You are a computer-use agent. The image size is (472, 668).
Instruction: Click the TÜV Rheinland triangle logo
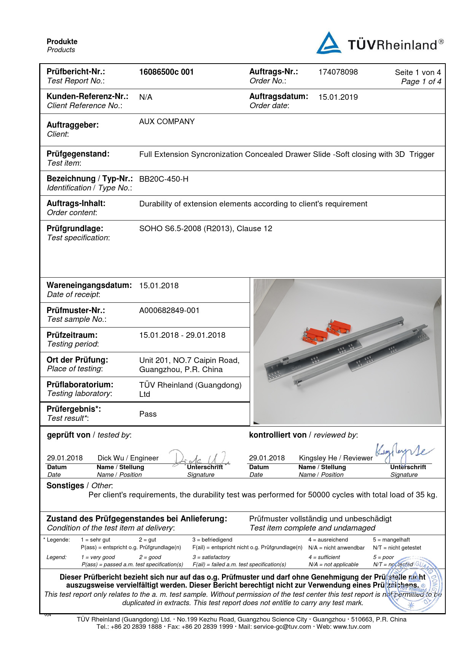328,43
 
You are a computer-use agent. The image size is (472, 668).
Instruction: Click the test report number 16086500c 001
166,72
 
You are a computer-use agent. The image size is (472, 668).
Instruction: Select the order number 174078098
338,72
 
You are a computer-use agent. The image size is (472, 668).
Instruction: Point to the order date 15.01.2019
338,97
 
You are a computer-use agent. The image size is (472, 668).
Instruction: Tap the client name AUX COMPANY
167,121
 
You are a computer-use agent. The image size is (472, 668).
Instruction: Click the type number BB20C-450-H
164,179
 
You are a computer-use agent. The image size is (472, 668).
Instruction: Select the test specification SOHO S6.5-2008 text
206,229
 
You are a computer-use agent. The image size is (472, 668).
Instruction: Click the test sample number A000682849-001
169,310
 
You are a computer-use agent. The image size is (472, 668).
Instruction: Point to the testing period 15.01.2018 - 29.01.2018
182,335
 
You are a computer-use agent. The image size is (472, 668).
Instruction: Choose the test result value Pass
148,414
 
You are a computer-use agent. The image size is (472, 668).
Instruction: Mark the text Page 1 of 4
421,82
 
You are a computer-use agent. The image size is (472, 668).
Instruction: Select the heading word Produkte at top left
62,42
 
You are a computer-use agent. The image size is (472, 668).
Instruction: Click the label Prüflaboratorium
80,384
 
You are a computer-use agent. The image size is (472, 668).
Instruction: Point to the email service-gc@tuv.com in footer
282,627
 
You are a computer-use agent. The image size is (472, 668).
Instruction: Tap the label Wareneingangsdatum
89,285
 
